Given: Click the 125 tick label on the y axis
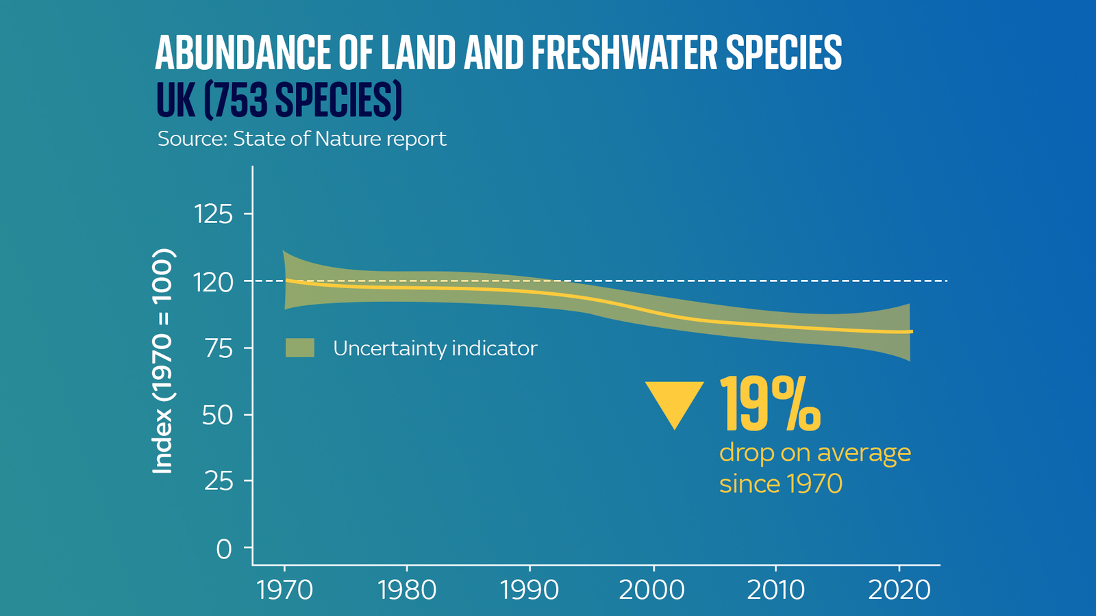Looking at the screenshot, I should point(214,215).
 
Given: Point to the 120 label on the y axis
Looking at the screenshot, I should point(214,282).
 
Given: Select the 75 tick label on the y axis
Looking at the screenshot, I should point(218,349).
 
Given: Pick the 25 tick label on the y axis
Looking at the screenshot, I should point(218,482).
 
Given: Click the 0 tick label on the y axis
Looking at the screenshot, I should point(224,549).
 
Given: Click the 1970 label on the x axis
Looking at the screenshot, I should point(284,590).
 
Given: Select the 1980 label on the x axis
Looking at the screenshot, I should point(407,590).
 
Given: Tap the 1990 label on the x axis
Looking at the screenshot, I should point(530,590).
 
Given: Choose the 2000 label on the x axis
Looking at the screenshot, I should point(652,590).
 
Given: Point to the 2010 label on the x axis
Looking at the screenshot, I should point(775,590).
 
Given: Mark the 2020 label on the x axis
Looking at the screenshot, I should point(899,590).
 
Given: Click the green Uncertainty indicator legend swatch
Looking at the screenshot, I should point(300,348).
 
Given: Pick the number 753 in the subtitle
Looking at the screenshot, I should point(240,100).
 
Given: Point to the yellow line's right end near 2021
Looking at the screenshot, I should point(910,331).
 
